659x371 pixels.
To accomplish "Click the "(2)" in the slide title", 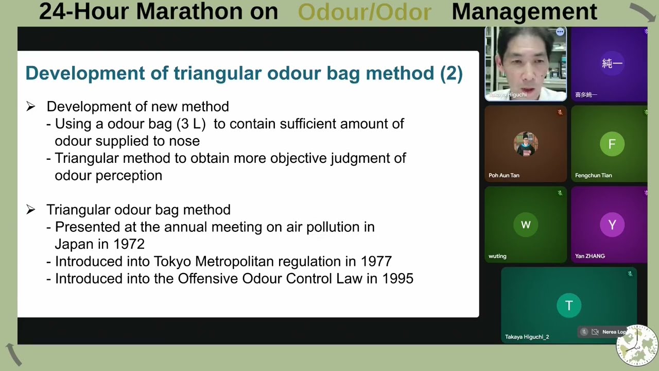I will [451, 73].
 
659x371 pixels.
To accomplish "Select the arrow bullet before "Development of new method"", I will [31, 107].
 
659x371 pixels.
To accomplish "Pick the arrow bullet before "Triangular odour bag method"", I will [31, 210].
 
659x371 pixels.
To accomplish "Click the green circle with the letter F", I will [612, 144].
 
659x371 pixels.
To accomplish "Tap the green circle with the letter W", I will [526, 225].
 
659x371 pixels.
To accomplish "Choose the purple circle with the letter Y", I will [612, 225].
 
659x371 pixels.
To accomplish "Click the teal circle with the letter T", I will [569, 306].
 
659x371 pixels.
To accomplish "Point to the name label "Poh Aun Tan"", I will [504, 175].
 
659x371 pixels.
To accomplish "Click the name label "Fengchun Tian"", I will [593, 175].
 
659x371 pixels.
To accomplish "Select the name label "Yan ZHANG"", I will [589, 256].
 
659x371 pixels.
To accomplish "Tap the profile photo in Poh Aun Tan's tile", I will [526, 144].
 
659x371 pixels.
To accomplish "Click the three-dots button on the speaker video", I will [560, 32].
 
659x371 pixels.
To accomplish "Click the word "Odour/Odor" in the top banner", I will [365, 11].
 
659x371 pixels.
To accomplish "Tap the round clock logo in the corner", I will [637, 345].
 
